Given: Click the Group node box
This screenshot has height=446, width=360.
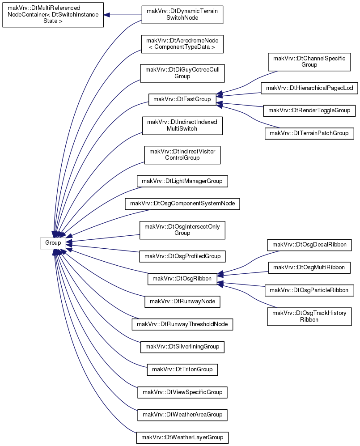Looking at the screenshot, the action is tap(53, 243).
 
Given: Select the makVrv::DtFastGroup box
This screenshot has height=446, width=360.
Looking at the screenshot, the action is tap(182, 99).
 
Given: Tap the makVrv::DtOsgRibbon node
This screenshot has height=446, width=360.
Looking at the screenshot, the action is tap(182, 278).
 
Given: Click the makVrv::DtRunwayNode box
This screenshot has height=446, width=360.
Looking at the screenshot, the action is tap(182, 301).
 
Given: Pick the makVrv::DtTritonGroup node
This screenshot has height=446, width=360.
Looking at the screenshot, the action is tap(182, 370).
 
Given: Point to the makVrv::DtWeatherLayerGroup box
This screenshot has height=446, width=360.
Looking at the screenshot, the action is tap(182, 438).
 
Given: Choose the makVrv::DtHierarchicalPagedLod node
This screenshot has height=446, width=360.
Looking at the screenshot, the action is tap(309, 88).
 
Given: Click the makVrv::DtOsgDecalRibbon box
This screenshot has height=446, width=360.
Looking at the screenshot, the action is tap(309, 245).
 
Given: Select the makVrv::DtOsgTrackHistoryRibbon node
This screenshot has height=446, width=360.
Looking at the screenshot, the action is tap(309, 316).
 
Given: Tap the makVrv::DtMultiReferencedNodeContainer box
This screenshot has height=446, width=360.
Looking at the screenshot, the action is tap(53, 15).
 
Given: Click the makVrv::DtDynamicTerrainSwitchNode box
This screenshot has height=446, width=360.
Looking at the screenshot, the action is tap(182, 15).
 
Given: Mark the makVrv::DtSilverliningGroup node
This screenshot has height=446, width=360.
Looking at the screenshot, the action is tap(182, 347).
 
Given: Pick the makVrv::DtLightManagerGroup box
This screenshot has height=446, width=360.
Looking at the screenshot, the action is tap(182, 181).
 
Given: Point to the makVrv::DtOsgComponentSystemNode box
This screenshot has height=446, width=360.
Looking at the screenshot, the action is tap(182, 204).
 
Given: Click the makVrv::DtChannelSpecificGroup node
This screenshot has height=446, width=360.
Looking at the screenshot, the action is tap(309, 62).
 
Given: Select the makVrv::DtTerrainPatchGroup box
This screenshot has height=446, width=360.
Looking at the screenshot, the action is tap(309, 133).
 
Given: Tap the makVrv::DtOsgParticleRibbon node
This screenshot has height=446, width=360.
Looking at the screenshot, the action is tap(309, 290).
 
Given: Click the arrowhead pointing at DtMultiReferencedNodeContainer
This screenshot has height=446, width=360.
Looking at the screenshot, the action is tap(106, 15).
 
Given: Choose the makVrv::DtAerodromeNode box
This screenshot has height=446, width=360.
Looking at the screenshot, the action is tap(182, 44).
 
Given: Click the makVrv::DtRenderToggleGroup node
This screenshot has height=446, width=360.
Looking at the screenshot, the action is tap(309, 110).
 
